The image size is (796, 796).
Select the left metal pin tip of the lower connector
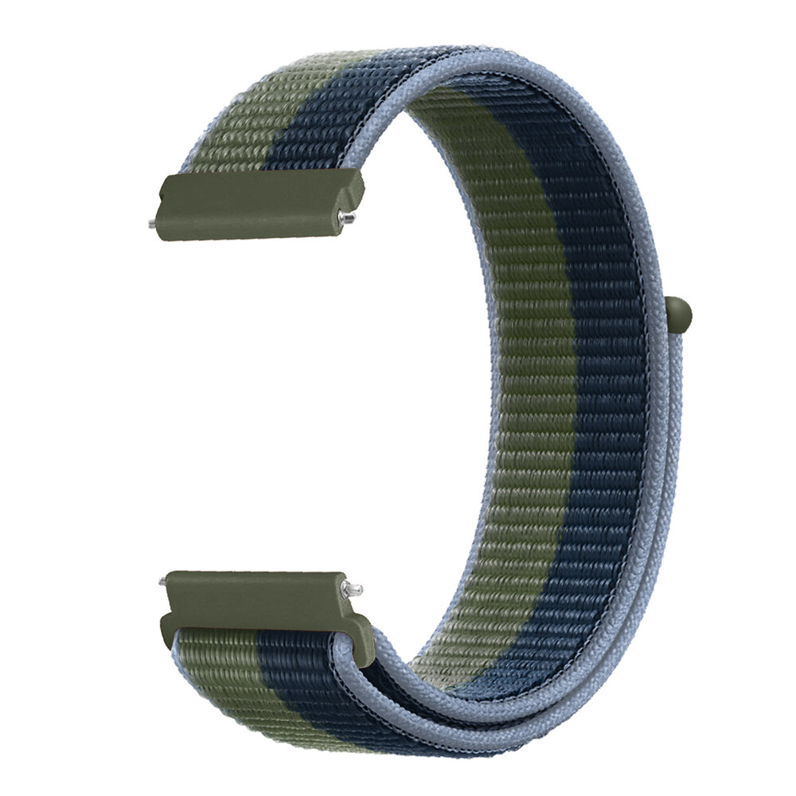(163, 582)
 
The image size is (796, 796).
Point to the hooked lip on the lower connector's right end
(362, 629)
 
